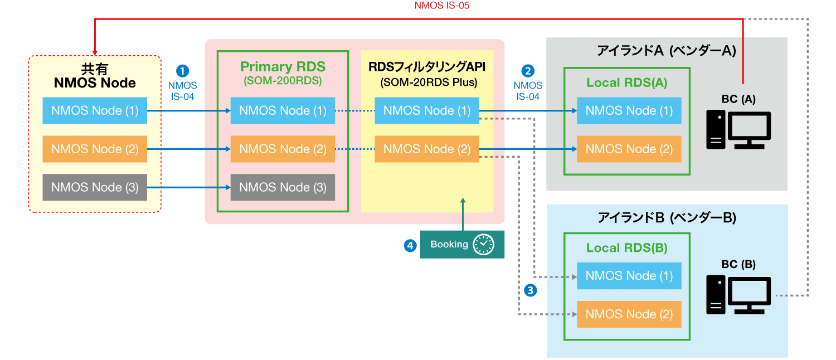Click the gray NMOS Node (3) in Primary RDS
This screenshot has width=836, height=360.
[x=283, y=187]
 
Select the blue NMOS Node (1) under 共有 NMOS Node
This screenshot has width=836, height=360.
[x=95, y=110]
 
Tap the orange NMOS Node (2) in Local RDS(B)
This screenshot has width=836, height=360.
[x=629, y=314]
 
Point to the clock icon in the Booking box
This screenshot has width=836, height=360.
[x=483, y=245]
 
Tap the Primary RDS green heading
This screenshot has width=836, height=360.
[x=283, y=67]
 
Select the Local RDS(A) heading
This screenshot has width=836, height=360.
[x=627, y=83]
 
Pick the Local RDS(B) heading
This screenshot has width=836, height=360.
[x=627, y=248]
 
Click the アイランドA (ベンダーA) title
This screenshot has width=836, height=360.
[x=667, y=51]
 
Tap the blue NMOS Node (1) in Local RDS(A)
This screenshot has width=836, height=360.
[x=629, y=110]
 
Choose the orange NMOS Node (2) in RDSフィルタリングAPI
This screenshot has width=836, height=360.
[x=427, y=149]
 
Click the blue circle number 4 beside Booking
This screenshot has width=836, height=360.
[x=411, y=245]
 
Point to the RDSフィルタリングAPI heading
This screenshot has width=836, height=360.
[x=427, y=67]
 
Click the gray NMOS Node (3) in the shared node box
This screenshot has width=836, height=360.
[x=95, y=187]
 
